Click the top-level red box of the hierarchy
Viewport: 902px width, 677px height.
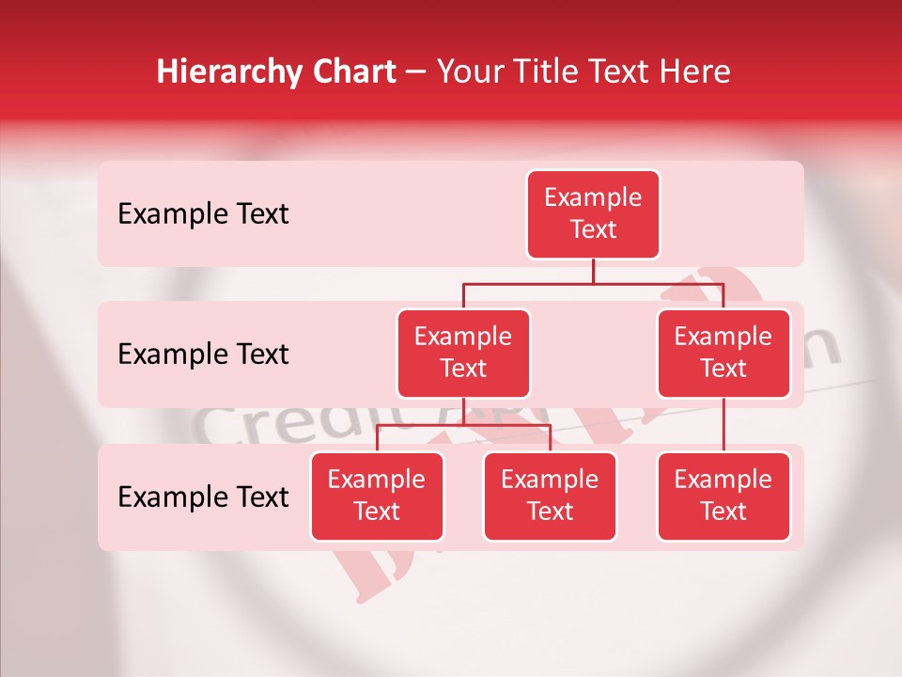tap(593, 213)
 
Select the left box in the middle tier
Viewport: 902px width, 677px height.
tap(463, 353)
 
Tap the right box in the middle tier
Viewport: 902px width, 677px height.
tap(723, 353)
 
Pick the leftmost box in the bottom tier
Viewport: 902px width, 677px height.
tap(377, 496)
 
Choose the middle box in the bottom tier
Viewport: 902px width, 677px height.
tap(550, 496)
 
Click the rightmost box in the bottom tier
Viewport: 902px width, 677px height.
tap(723, 496)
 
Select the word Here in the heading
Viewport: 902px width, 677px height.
tap(693, 71)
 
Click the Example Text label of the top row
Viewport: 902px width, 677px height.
tap(203, 214)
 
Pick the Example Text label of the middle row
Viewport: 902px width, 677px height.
tap(203, 354)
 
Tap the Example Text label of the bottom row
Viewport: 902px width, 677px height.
tap(203, 497)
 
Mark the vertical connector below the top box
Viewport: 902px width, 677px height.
tap(593, 271)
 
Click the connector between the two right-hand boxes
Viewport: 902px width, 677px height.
tap(723, 425)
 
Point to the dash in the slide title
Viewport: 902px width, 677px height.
tap(416, 72)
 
